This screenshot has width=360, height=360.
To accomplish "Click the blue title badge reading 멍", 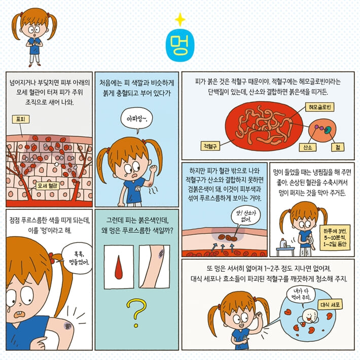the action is pyautogui.click(x=180, y=45).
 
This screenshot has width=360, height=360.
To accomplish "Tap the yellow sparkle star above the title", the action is pyautogui.click(x=180, y=19).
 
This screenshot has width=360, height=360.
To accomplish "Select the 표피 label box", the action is pyautogui.click(x=21, y=119).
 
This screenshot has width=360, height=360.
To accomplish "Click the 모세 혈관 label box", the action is pyautogui.click(x=48, y=186).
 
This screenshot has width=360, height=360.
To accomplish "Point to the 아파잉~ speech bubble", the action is pyautogui.click(x=136, y=119).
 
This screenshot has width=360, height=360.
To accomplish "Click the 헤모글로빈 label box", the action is pyautogui.click(x=319, y=107).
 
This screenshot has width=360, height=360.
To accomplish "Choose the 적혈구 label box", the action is pyautogui.click(x=210, y=146).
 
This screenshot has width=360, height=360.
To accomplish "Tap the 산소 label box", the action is pyautogui.click(x=307, y=147).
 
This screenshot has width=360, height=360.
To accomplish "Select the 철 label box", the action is pyautogui.click(x=338, y=147).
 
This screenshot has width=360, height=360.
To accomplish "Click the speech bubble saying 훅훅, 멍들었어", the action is pyautogui.click(x=78, y=258).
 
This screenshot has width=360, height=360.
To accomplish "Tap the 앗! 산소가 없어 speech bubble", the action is pyautogui.click(x=246, y=215).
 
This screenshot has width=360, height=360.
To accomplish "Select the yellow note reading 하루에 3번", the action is pyautogui.click(x=335, y=237).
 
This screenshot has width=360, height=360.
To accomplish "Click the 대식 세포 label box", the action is pyautogui.click(x=330, y=305).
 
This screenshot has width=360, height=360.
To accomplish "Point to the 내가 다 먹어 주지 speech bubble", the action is pyautogui.click(x=301, y=295).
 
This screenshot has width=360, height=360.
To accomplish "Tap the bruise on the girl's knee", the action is pyautogui.click(x=68, y=326).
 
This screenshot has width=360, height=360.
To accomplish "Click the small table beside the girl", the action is pyautogui.click(x=285, y=250).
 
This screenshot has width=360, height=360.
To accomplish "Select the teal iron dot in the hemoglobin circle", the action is pyautogui.click(x=328, y=130).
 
